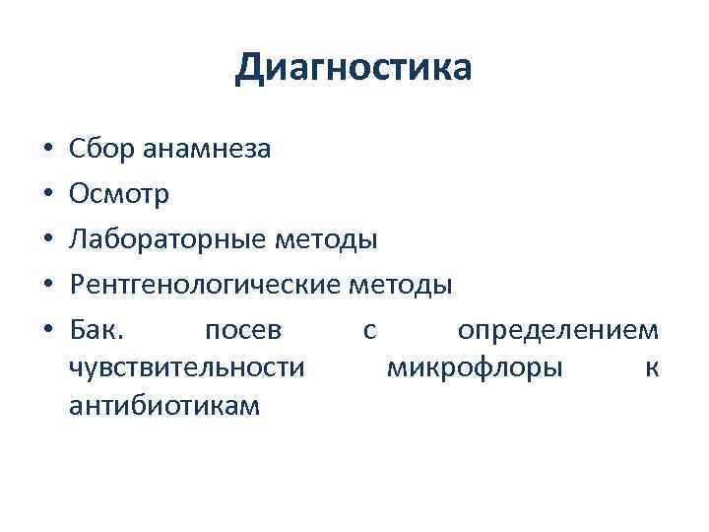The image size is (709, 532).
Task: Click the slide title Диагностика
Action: [354, 68]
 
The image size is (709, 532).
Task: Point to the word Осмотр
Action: [120, 195]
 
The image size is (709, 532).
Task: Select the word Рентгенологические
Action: [207, 286]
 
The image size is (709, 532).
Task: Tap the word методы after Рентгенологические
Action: [401, 286]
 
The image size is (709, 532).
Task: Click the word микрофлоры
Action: [476, 367]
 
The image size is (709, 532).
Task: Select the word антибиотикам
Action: [165, 405]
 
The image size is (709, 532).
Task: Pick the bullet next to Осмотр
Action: [47, 196]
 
